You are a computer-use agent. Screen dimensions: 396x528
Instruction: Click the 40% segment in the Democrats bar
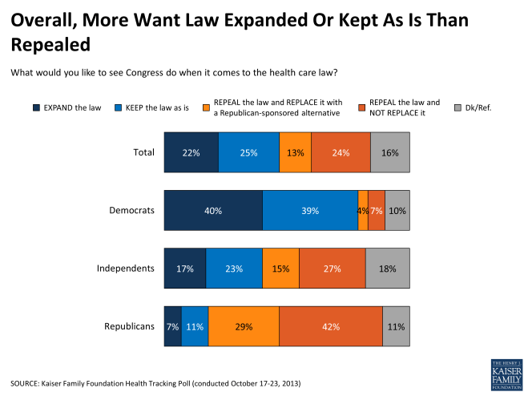click(x=213, y=211)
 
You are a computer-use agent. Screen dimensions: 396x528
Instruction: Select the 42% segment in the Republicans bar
click(x=330, y=326)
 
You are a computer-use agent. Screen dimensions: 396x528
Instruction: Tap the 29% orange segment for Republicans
click(x=244, y=326)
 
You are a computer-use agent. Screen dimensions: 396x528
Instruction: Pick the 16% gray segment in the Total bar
click(x=389, y=153)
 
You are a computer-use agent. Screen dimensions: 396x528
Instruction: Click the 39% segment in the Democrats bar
click(x=310, y=211)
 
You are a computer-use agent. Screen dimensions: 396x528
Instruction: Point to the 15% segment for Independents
click(x=280, y=269)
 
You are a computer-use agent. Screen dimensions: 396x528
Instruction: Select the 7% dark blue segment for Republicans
click(x=173, y=326)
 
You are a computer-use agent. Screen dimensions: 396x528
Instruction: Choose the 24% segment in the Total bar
click(x=341, y=153)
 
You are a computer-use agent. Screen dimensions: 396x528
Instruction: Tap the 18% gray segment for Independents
click(x=387, y=269)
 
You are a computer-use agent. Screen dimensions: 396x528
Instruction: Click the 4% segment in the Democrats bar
click(x=363, y=211)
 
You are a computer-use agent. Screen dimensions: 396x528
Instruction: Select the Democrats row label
click(x=131, y=210)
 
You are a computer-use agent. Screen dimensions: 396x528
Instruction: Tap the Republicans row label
click(x=129, y=325)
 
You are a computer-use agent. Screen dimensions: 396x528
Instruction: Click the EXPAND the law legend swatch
click(x=37, y=107)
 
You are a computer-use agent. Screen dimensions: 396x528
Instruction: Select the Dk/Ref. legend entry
click(x=478, y=107)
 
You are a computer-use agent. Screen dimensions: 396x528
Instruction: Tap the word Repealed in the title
click(x=50, y=43)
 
